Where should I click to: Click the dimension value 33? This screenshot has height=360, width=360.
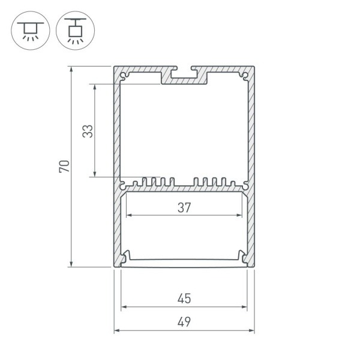tap(88, 131)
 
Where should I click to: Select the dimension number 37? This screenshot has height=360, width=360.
tap(184, 208)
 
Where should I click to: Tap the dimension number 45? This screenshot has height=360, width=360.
tap(184, 298)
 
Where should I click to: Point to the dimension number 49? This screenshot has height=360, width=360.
tap(184, 322)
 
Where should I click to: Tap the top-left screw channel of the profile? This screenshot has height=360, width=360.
tap(124, 76)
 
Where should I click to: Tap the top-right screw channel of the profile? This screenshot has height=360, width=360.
tap(245, 76)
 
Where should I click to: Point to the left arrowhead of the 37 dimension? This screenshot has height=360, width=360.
tap(127, 215)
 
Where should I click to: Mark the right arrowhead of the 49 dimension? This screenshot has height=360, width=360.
tap(252, 330)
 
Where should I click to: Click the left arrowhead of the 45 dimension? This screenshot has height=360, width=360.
tap(124, 307)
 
